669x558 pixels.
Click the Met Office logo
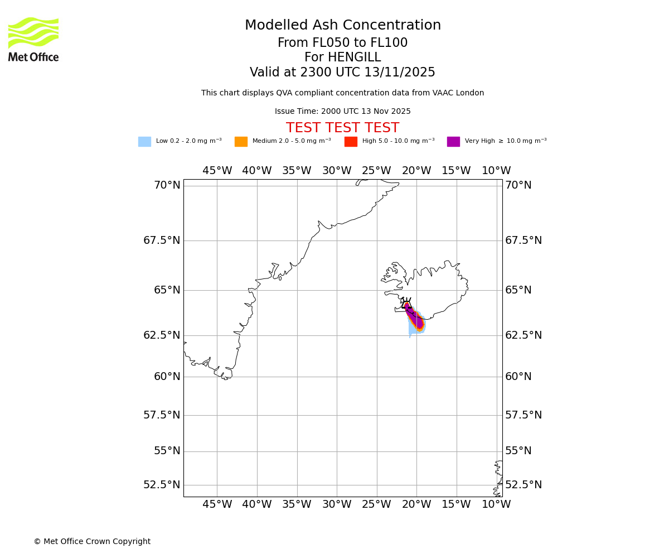tap(33, 39)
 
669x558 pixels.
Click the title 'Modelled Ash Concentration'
tap(342, 26)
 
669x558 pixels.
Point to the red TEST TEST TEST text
tap(342, 128)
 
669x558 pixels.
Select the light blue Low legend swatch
tap(144, 142)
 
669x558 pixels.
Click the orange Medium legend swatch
tap(241, 142)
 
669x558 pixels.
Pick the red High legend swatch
tap(351, 142)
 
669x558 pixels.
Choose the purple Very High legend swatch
tap(453, 142)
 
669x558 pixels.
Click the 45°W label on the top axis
tap(217, 171)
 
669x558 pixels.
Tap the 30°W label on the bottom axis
tap(337, 504)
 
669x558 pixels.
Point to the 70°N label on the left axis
tap(167, 185)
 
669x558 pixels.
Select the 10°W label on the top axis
tap(496, 171)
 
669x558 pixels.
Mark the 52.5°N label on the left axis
tap(162, 485)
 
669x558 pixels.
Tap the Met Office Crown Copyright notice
tap(92, 542)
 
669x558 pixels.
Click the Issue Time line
tap(342, 112)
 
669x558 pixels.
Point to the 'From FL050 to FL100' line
tap(342, 43)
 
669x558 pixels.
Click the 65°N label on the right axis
tap(518, 290)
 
